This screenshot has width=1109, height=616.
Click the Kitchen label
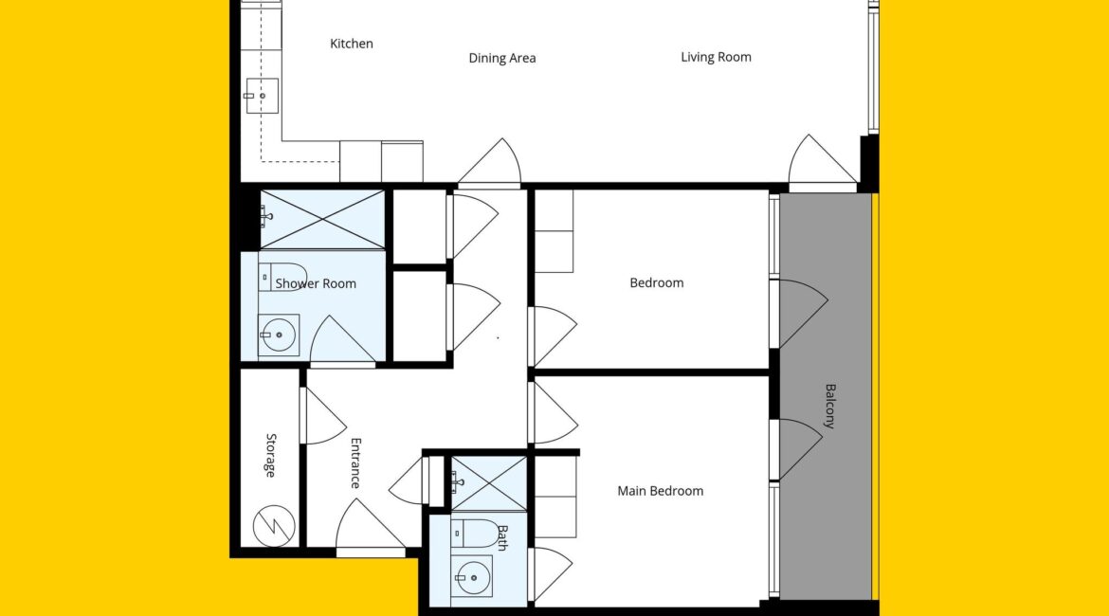tap(352, 44)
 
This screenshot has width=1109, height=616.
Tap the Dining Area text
tap(502, 58)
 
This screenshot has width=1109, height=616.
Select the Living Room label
tap(716, 57)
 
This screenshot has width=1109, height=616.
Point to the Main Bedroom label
tap(660, 491)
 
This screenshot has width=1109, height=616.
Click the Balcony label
tap(830, 406)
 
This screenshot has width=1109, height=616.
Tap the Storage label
tap(271, 456)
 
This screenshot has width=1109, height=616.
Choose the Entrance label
tap(355, 463)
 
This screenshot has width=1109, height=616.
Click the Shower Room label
tap(316, 283)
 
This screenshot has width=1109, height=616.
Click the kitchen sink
tap(262, 96)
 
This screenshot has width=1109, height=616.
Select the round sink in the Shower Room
tap(279, 335)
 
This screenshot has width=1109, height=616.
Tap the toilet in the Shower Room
tap(282, 278)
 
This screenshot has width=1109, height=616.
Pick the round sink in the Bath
tap(472, 577)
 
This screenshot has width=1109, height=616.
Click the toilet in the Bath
tap(475, 534)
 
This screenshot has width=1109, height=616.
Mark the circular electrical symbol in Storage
tap(274, 525)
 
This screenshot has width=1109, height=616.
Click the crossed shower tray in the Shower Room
tap(322, 219)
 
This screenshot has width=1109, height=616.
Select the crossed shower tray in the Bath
tap(489, 483)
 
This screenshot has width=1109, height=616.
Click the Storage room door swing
tap(324, 416)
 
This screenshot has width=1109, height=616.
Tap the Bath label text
tap(502, 537)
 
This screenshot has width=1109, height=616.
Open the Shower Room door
tap(342, 340)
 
